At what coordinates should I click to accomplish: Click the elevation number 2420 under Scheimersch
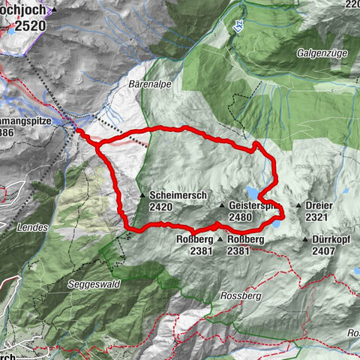tap(162, 207)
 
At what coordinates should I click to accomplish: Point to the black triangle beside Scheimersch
tap(142, 196)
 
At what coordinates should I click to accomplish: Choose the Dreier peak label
tap(319, 205)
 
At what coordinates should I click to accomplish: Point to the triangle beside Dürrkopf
tap(305, 240)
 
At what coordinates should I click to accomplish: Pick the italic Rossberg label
tap(239, 295)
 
